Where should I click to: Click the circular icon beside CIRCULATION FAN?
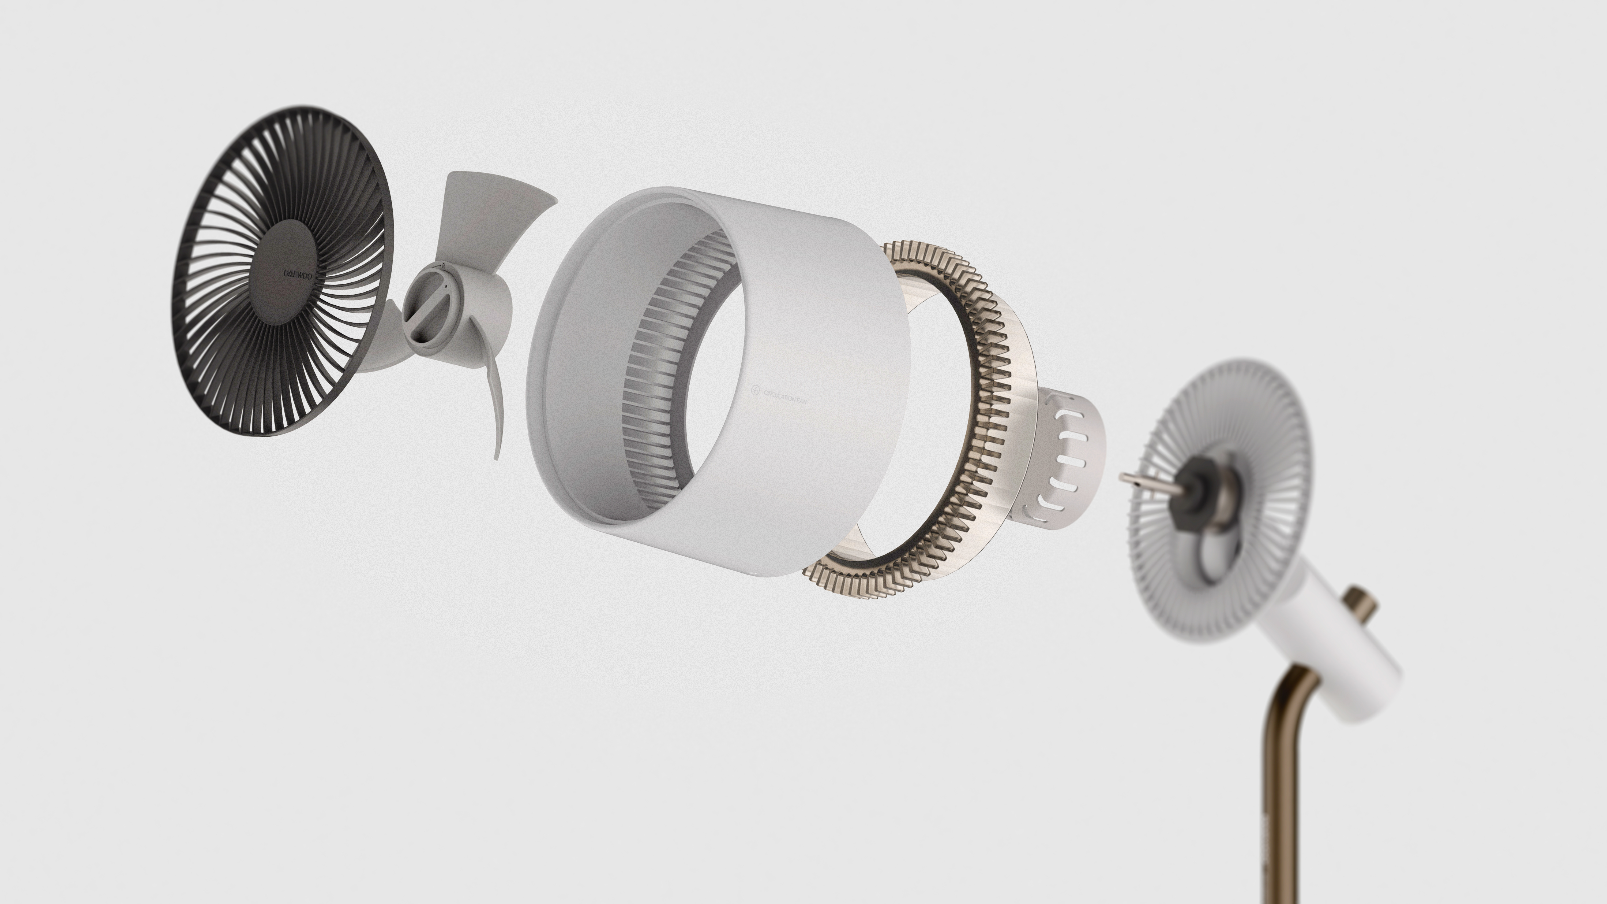pos(756,391)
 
